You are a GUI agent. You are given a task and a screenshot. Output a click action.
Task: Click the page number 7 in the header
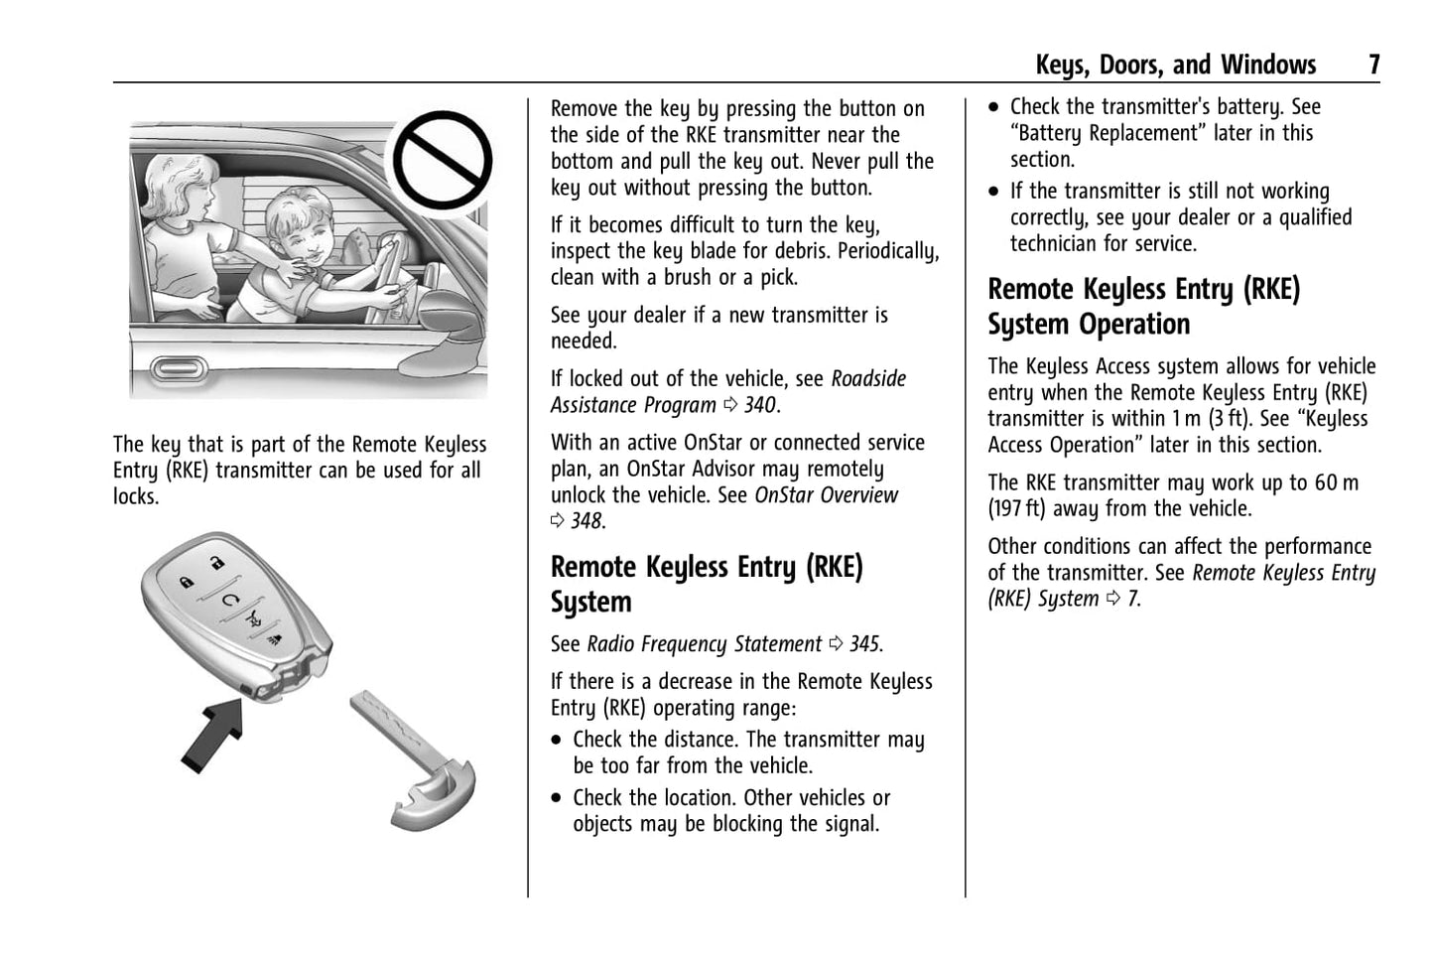click(x=1373, y=66)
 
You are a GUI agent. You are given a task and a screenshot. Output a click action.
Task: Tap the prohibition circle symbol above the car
click(x=443, y=161)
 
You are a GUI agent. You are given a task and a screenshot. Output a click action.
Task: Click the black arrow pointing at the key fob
click(x=214, y=732)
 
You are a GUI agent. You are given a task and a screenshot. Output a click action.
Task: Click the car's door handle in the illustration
click(x=180, y=367)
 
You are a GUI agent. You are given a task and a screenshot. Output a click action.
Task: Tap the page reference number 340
click(x=760, y=405)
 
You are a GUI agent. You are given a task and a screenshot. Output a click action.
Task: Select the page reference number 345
click(x=864, y=644)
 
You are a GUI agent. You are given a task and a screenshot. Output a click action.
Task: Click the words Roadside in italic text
click(x=868, y=379)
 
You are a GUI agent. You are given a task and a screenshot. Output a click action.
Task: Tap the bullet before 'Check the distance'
click(x=558, y=741)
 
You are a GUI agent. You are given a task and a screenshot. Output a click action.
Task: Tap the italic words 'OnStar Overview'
click(x=826, y=495)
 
